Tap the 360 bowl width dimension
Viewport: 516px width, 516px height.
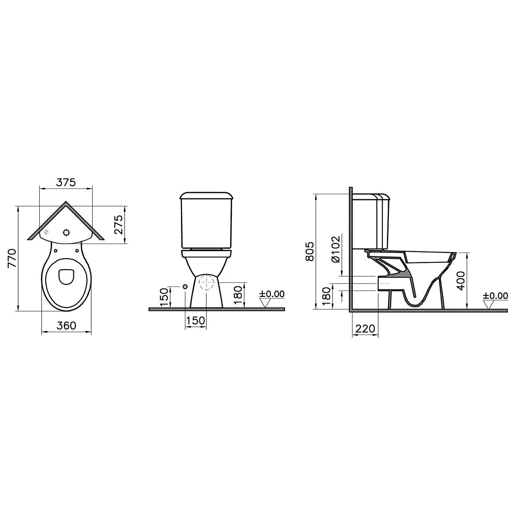pyautogui.click(x=66, y=326)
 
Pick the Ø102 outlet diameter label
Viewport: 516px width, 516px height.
pyautogui.click(x=336, y=249)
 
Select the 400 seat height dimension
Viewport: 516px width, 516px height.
pyautogui.click(x=461, y=281)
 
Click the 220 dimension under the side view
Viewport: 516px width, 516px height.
pyautogui.click(x=365, y=329)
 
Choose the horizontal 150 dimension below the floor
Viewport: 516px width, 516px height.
pyautogui.click(x=195, y=320)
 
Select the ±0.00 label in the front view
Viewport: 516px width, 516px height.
pyautogui.click(x=272, y=294)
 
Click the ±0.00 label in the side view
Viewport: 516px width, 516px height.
pyautogui.click(x=496, y=296)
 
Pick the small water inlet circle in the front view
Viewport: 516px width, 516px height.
pyautogui.click(x=185, y=287)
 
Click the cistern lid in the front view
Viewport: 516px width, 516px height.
pyautogui.click(x=206, y=195)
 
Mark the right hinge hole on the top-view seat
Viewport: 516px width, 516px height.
pyautogui.click(x=77, y=250)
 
